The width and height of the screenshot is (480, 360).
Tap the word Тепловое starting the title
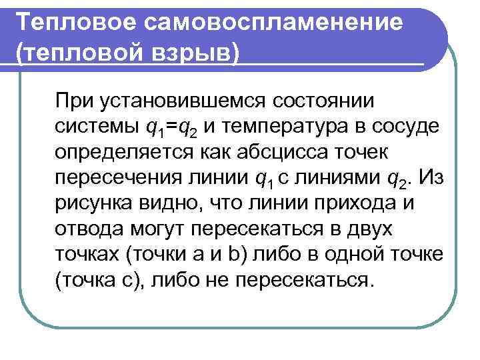(x=77, y=23)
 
